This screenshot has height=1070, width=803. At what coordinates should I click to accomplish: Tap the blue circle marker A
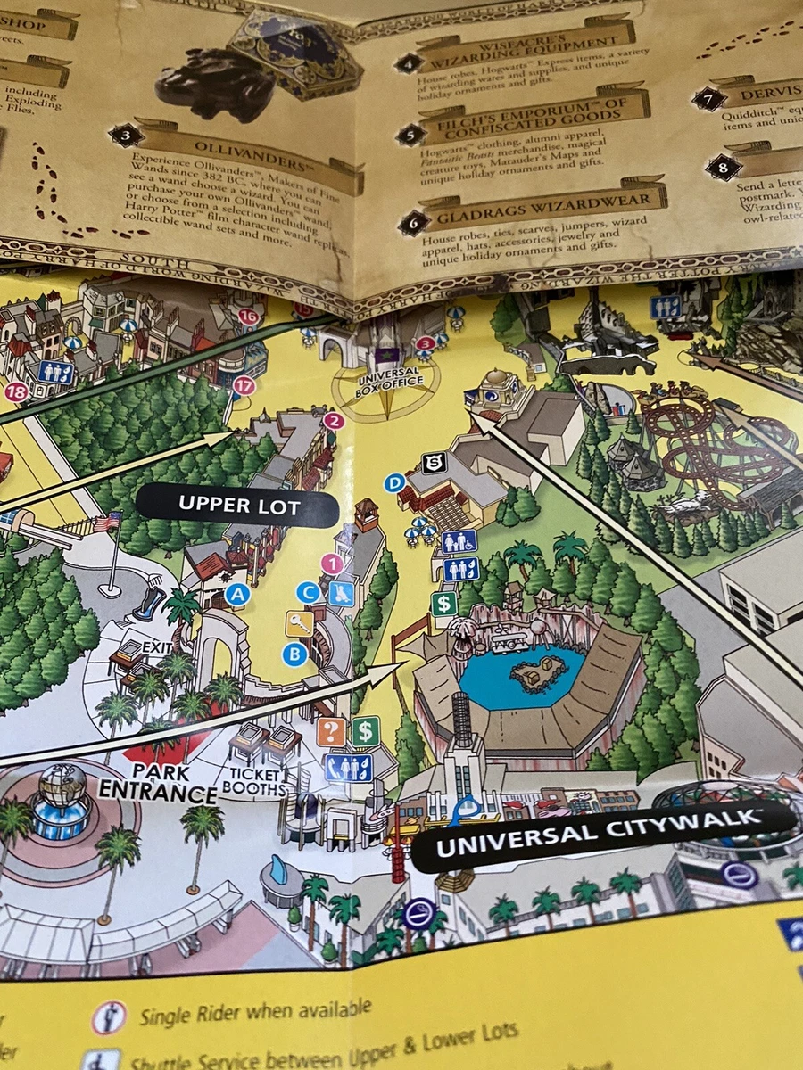point(236,595)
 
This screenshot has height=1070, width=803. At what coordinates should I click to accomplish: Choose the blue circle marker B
point(294,654)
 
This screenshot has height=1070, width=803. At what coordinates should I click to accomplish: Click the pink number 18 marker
point(16,391)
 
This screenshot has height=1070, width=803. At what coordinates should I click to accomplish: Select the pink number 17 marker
point(244,386)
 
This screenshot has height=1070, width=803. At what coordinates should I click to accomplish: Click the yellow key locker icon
point(299,624)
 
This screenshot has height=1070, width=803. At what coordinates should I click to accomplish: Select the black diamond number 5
point(410,136)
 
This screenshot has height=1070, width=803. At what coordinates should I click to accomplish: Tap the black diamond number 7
point(708,98)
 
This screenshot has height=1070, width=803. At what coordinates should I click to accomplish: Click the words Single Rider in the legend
point(192,1014)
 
